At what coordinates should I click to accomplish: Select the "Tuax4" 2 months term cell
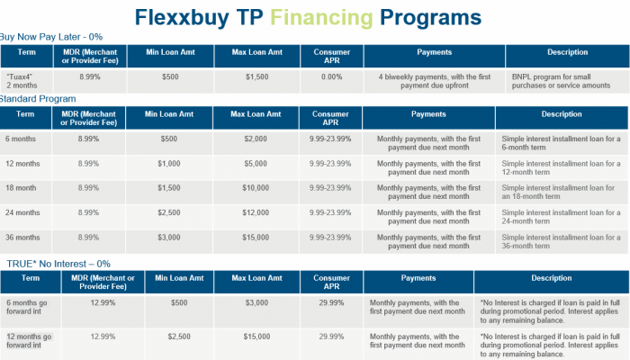(24, 81)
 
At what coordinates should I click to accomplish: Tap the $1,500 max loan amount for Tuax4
(256, 77)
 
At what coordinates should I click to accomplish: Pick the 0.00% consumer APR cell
(330, 77)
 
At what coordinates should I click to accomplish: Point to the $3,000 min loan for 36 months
(168, 237)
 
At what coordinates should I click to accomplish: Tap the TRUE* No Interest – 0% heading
(58, 264)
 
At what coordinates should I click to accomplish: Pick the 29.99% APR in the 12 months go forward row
(330, 336)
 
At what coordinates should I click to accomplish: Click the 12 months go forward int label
(31, 340)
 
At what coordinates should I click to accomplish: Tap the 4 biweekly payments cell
(436, 81)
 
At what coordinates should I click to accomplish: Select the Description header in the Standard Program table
(562, 115)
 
